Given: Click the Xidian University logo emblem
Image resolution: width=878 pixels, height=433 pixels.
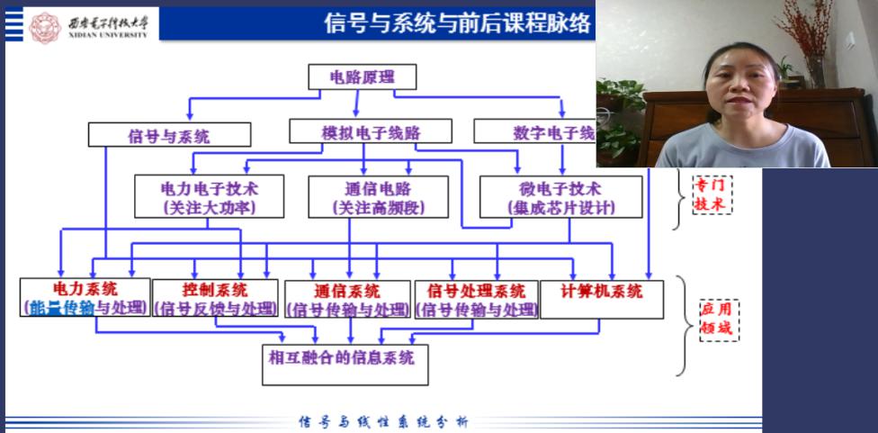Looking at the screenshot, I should [44, 27].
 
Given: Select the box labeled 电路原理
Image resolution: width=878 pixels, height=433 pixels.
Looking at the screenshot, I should [363, 77].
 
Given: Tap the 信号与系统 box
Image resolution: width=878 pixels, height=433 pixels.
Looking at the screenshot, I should [169, 136].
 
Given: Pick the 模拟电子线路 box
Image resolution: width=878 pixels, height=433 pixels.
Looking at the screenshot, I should [372, 132].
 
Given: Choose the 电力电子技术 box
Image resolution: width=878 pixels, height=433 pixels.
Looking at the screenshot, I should [209, 196].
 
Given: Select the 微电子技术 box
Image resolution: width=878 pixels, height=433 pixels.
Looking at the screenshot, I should [560, 196].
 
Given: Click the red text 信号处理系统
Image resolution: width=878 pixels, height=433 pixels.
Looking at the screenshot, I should [476, 291].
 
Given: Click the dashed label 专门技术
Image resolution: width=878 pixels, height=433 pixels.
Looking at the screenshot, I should [712, 194].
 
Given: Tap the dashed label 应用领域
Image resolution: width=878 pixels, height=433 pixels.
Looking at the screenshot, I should [716, 318].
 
